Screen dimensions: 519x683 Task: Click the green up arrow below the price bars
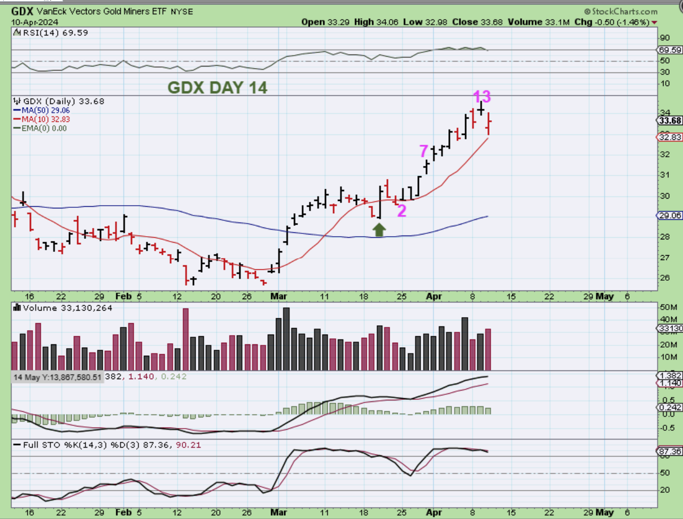click(x=379, y=230)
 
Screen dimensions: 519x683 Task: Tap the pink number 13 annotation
click(x=481, y=97)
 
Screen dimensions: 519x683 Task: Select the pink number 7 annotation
click(x=423, y=151)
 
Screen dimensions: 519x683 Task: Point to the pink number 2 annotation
click(x=402, y=211)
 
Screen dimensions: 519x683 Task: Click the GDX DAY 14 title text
click(x=217, y=88)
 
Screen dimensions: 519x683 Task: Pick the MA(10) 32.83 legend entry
click(x=46, y=119)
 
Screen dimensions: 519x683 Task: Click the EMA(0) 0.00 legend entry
click(x=44, y=128)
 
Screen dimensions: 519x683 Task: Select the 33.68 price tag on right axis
click(x=669, y=121)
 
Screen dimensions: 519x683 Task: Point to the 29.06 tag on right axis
click(x=669, y=215)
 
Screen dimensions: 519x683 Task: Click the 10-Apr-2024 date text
click(x=35, y=22)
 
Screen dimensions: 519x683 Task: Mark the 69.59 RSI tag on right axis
click(x=669, y=50)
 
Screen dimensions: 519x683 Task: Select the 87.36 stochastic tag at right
click(x=669, y=452)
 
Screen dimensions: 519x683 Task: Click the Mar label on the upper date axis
click(x=278, y=296)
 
